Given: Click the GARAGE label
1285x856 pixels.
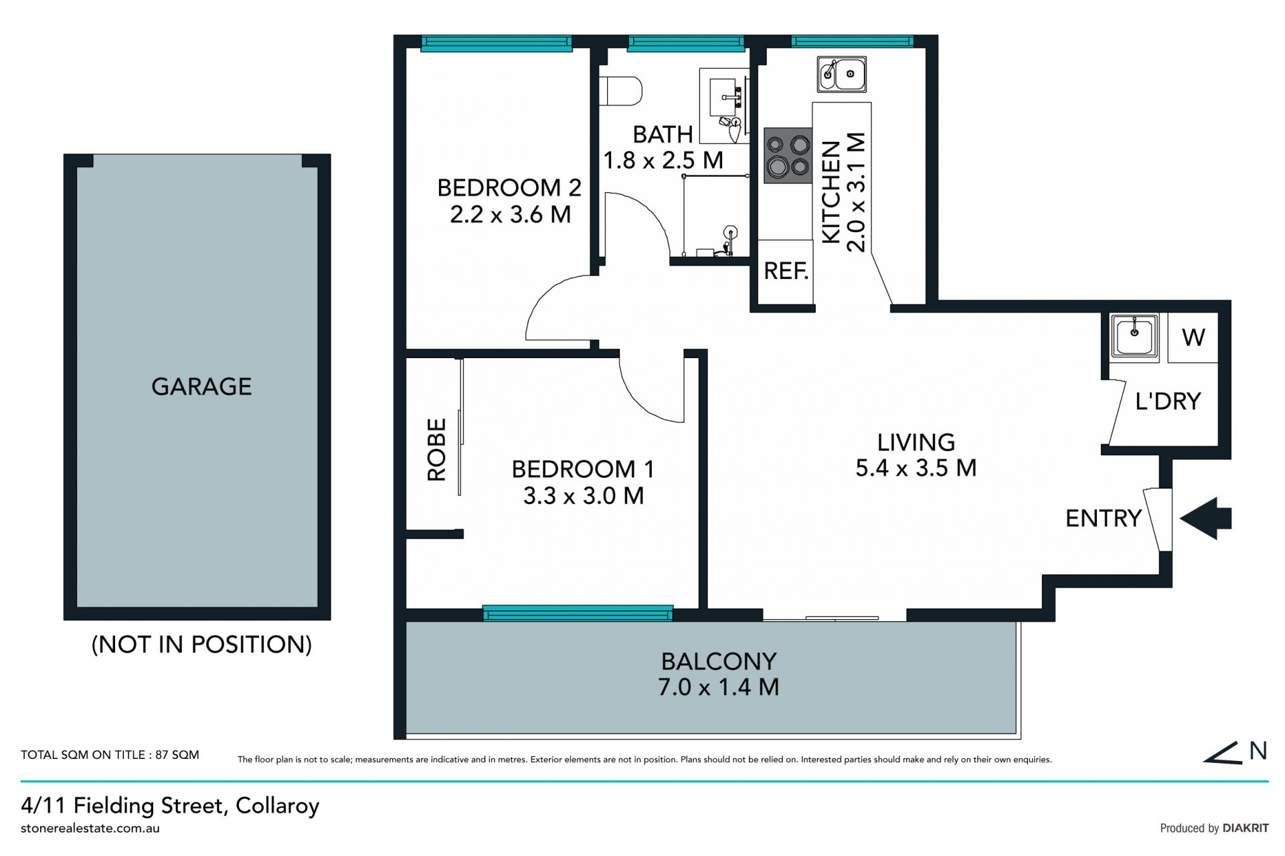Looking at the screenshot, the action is point(201,387).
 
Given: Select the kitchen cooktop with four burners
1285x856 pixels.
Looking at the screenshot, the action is point(788,156).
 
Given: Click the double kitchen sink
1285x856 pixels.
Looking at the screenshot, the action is point(842,74).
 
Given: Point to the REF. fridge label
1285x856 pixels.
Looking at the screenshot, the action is point(786,271).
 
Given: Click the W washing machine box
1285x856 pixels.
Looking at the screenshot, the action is point(1193,338).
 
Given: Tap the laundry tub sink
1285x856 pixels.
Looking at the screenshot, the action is point(1134,337).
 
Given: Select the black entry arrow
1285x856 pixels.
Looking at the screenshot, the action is point(1205,518).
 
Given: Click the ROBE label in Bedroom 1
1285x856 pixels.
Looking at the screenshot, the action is point(436,450).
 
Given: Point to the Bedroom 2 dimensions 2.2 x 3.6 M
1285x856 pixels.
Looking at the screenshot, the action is point(511,215).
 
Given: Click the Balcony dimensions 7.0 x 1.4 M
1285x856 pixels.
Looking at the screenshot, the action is point(719,687).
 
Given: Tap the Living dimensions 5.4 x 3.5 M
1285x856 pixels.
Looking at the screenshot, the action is point(916,468).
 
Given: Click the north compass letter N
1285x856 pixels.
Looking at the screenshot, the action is point(1258,751).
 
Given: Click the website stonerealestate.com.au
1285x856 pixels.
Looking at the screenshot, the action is point(90,829).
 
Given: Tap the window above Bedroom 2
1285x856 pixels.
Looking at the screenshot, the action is point(497,44).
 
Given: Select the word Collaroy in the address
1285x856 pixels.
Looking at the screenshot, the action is point(277,806).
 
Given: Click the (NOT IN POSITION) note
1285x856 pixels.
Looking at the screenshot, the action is point(201,645).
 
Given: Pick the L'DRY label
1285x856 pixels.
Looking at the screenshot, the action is point(1168,401).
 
